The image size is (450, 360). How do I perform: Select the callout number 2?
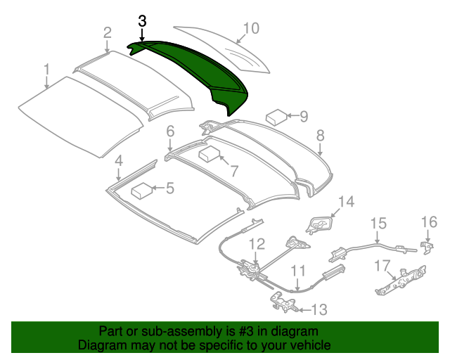(107, 32)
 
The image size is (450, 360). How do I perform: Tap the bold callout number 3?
(142, 21)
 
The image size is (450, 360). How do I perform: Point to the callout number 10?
(251, 28)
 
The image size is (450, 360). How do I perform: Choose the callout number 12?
(257, 244)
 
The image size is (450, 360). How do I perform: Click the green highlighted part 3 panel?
(197, 70)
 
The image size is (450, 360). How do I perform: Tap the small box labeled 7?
(210, 155)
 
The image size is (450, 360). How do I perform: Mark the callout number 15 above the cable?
(378, 224)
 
